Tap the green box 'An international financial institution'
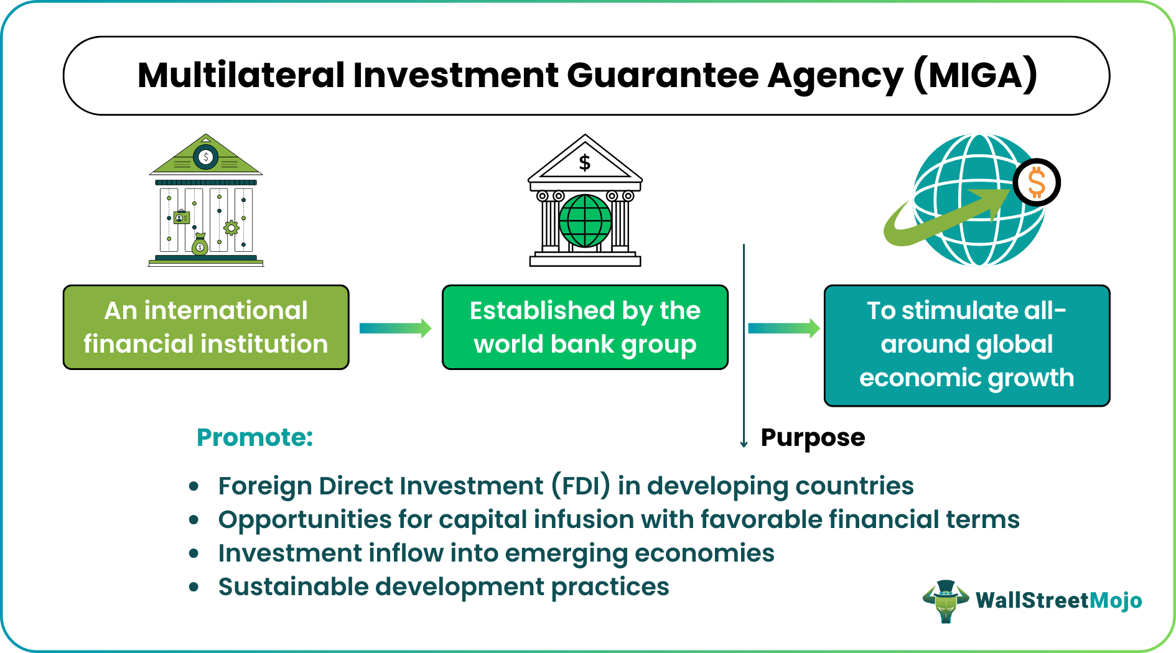(x=206, y=327)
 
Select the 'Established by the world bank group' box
(x=585, y=327)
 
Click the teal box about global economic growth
(x=966, y=345)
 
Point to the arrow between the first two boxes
(x=396, y=328)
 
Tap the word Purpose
(x=813, y=437)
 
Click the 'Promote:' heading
(x=254, y=437)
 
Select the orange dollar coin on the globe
(x=1037, y=183)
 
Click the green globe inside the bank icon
(x=585, y=221)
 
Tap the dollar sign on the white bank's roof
(x=584, y=163)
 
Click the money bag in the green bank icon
(x=200, y=245)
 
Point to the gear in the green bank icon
(x=231, y=228)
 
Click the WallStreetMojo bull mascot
(x=946, y=601)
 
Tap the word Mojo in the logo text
(x=1116, y=600)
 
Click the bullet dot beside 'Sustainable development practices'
(x=194, y=586)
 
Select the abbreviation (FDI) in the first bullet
(x=581, y=486)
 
